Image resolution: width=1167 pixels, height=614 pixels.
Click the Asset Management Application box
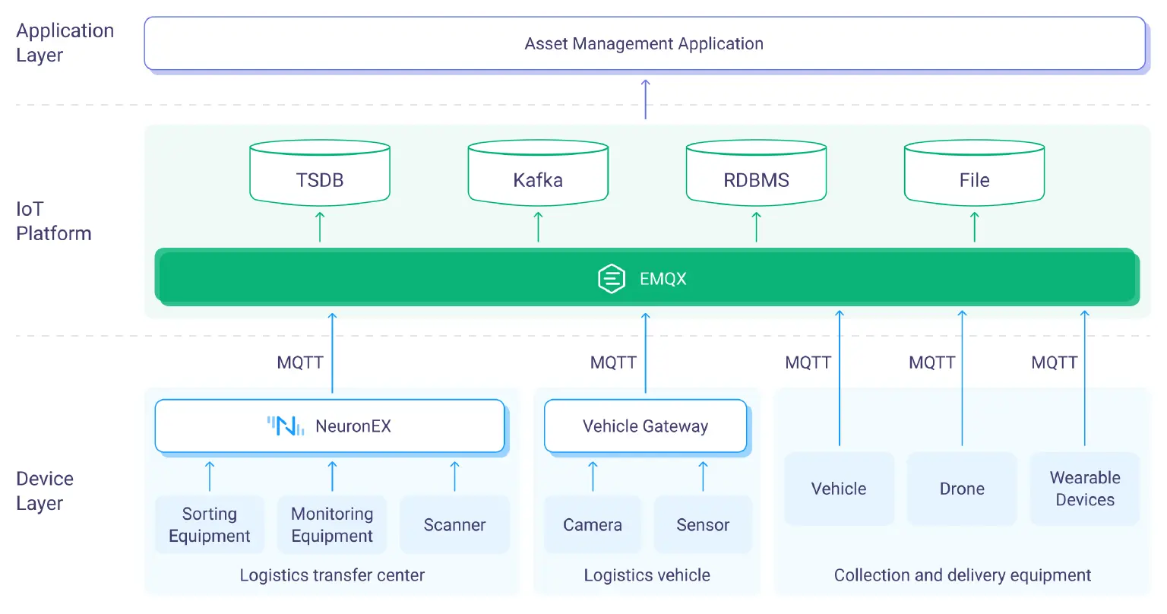[644, 44]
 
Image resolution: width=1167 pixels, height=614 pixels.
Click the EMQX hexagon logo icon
[612, 279]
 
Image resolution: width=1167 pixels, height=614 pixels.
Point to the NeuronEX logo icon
[286, 426]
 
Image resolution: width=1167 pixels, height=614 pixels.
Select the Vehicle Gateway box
[645, 426]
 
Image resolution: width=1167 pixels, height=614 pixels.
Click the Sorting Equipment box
[210, 525]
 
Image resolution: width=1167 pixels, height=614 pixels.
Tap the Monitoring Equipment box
[332, 525]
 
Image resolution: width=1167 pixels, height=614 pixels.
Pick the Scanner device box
[454, 525]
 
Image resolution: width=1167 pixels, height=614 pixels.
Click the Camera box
[593, 525]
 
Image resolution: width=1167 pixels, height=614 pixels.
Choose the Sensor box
[703, 525]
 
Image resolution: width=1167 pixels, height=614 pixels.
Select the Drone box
[962, 489]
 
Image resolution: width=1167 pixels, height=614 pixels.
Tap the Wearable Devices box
[1085, 489]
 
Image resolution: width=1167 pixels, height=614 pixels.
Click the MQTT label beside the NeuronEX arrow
[300, 362]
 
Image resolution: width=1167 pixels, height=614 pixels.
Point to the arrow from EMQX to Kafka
[538, 227]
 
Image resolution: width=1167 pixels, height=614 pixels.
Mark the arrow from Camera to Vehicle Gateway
[593, 476]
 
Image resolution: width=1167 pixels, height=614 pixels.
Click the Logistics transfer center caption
[332, 575]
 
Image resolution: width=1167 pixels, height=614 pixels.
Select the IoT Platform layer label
[53, 221]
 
